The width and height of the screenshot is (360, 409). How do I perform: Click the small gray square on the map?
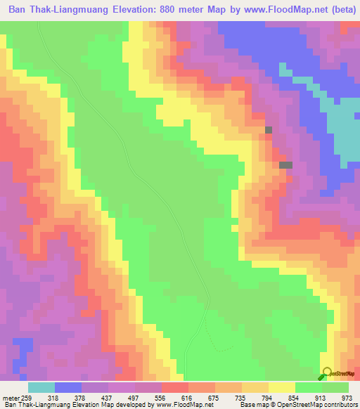(269, 130)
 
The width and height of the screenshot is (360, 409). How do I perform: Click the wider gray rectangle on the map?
(285, 164)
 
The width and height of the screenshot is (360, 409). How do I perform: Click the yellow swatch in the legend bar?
(281, 387)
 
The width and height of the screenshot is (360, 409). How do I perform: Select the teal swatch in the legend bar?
(41, 387)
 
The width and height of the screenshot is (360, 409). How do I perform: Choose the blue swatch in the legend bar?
(68, 387)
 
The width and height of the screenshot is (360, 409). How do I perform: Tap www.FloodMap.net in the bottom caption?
(183, 404)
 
